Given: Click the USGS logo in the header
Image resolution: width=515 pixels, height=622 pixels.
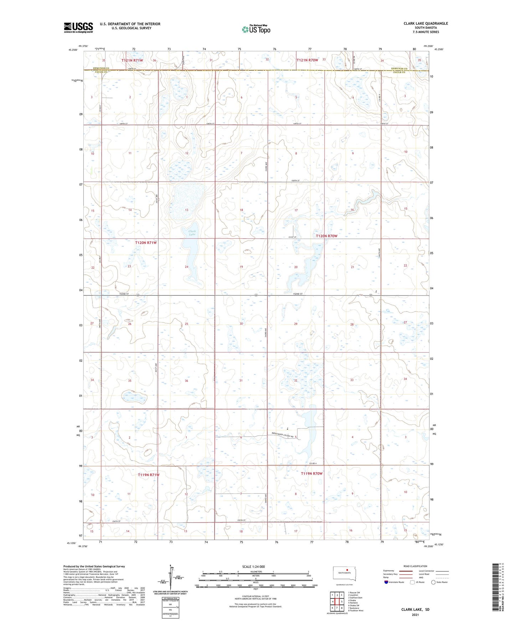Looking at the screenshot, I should click(78, 27).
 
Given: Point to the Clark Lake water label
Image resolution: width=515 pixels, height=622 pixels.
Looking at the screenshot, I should click(192, 233).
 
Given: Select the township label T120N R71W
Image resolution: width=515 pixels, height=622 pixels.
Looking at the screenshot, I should click(146, 243).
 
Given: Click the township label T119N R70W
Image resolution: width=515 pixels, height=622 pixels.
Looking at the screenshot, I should click(311, 473).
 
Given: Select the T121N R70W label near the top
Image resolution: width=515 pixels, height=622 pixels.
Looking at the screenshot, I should click(307, 60).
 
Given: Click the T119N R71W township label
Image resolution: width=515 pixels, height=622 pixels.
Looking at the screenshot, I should click(149, 475).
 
